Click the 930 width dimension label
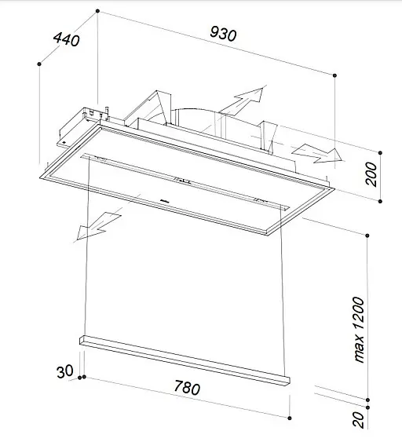[x=223, y=34]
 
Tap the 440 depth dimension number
[x=67, y=39]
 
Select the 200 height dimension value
[x=372, y=174]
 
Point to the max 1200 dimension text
[x=360, y=330]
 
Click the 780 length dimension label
[x=187, y=387]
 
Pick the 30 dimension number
[x=65, y=371]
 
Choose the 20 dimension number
[x=358, y=420]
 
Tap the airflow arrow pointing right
[x=318, y=154]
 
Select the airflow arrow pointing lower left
[x=98, y=226]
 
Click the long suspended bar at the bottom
[x=185, y=360]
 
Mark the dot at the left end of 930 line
[x=97, y=11]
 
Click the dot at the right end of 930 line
[x=334, y=75]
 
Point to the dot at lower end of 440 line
[x=39, y=64]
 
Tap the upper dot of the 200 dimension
[x=380, y=153]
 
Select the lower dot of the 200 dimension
[x=380, y=201]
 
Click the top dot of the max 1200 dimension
[x=367, y=236]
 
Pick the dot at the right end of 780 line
[x=290, y=418]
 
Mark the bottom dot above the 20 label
[x=367, y=407]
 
